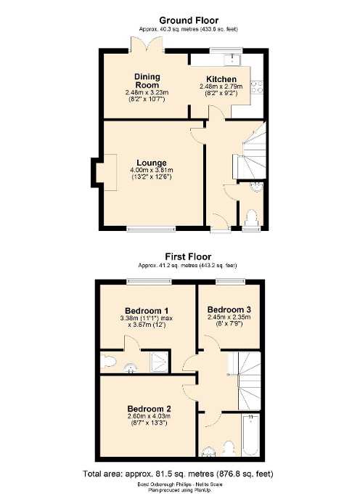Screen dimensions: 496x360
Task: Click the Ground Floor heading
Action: [188, 20]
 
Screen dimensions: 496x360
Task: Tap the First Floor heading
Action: [187, 256]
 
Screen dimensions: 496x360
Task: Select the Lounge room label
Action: [152, 162]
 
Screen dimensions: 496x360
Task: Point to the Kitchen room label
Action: [221, 79]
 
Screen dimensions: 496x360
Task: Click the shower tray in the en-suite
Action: [160, 362]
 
